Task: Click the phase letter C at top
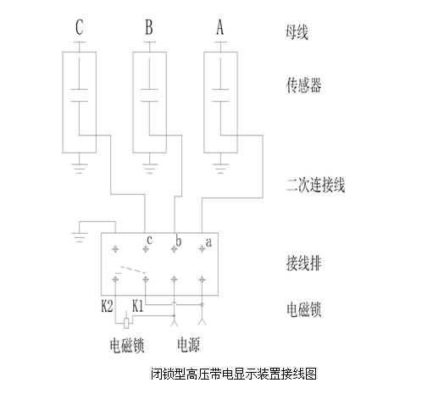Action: tap(80, 27)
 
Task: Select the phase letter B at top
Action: tap(149, 27)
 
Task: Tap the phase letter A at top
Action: tap(220, 27)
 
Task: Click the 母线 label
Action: tap(297, 32)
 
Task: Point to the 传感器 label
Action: tap(303, 85)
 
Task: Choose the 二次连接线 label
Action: tap(316, 186)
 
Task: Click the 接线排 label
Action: tap(304, 264)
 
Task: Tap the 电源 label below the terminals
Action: tap(189, 345)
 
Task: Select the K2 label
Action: tap(107, 306)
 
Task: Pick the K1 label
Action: tap(138, 306)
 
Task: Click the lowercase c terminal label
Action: tap(150, 240)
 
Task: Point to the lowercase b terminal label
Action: tap(178, 241)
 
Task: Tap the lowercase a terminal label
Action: tap(208, 242)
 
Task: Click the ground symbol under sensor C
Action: tap(80, 168)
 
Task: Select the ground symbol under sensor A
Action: tap(220, 168)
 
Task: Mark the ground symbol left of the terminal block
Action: tap(80, 237)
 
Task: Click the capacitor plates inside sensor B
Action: tap(149, 95)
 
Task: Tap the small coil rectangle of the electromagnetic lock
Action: tap(127, 323)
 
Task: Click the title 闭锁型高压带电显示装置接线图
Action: tap(234, 374)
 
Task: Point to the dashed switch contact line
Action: tap(133, 269)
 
